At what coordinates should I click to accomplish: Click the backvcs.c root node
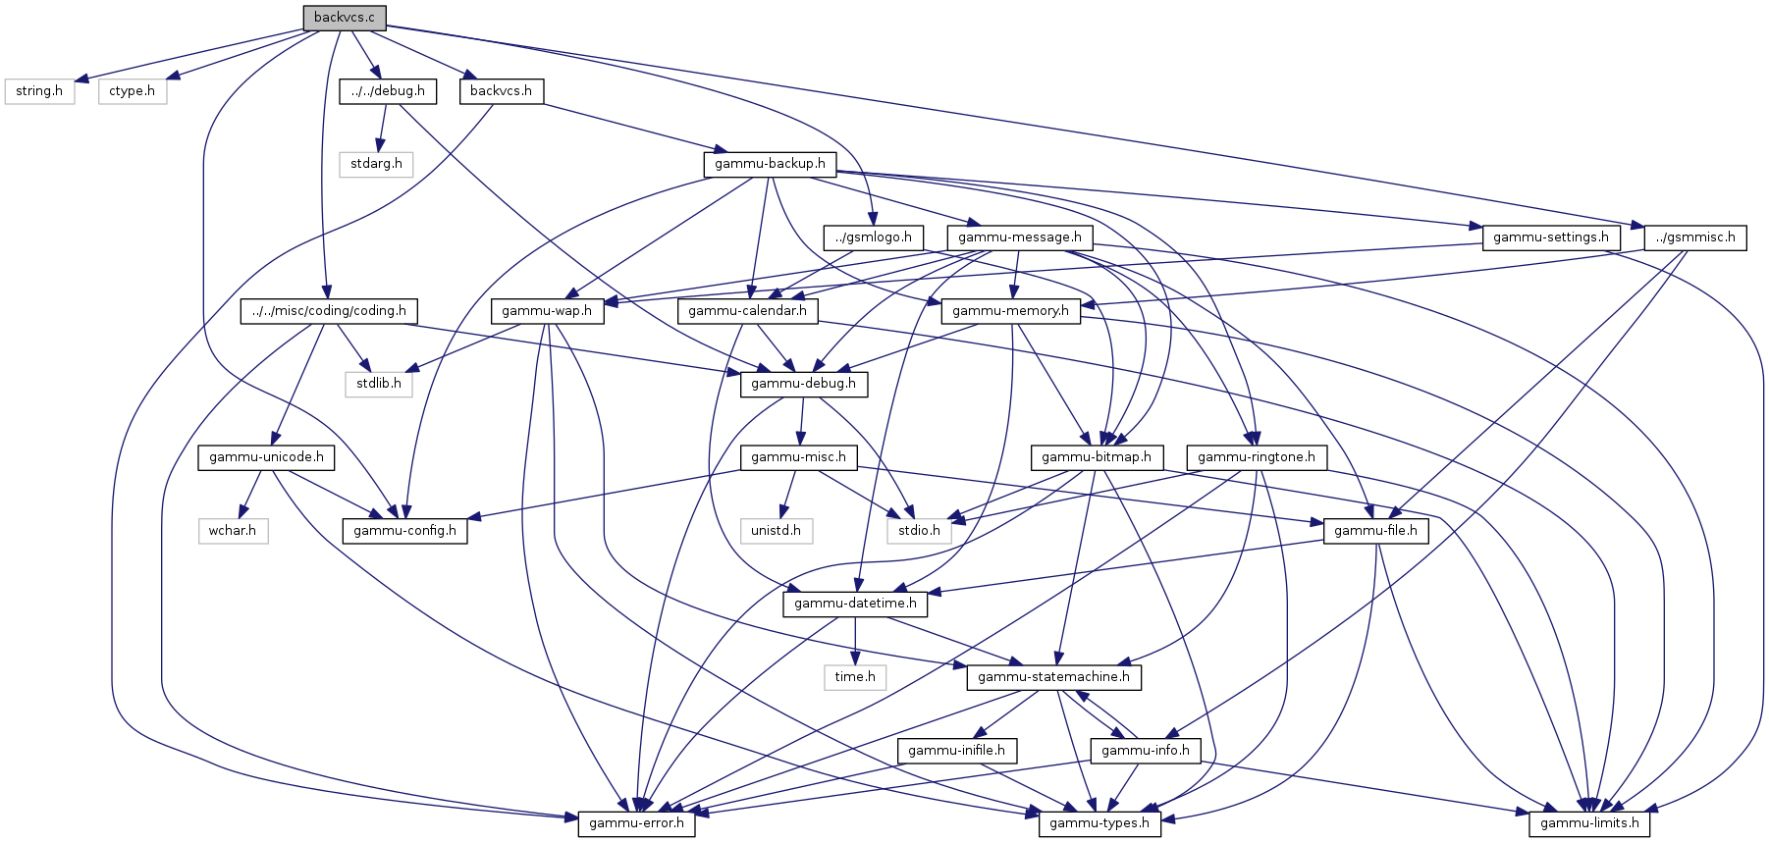pos(344,18)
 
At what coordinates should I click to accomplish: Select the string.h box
pos(39,91)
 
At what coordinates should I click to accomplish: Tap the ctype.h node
pos(132,91)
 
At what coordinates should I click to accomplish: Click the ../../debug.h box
pos(388,91)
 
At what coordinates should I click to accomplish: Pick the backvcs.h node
pos(501,91)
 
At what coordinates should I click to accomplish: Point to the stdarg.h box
pos(376,164)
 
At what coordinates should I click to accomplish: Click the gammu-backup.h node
pos(770,164)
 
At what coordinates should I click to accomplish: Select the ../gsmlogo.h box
pos(874,237)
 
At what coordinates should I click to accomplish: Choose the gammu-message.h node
pos(1020,237)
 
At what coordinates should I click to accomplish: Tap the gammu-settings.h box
pos(1551,237)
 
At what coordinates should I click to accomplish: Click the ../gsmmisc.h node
pos(1695,237)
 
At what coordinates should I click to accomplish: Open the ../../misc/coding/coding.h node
pos(329,311)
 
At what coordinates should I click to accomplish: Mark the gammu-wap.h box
pos(547,311)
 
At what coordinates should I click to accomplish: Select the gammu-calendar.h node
pos(748,311)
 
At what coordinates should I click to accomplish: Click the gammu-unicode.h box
pos(266,457)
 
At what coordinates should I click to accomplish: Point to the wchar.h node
pos(233,531)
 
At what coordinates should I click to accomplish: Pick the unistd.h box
pos(776,531)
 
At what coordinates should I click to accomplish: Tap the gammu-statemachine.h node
pos(1053,677)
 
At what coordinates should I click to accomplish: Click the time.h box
pos(855,677)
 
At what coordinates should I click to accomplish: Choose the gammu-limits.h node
pos(1589,823)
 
